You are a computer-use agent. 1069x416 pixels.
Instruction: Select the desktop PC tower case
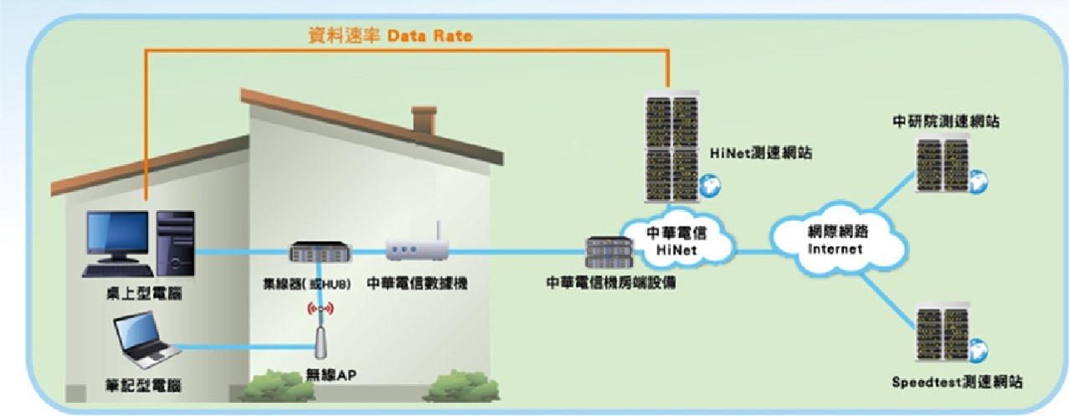pos(176,244)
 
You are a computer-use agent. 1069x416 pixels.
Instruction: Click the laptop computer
pos(146,340)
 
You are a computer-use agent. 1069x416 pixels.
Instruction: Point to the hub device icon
pos(321,251)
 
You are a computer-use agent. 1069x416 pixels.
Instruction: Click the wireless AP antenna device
pos(321,341)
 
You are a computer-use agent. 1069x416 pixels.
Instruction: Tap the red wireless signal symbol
pos(321,309)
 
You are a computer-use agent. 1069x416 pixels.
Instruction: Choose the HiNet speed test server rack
pos(672,147)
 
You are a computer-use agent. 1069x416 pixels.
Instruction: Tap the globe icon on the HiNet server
pos(710,186)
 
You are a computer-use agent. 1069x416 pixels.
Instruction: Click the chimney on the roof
pos(424,120)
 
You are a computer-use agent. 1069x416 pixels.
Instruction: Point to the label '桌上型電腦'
pos(144,293)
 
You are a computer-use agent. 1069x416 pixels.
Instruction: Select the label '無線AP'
pos(331,375)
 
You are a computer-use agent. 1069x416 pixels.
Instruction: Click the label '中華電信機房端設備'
pos(611,282)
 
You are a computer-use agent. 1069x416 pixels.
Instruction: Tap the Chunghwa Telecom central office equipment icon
pos(609,252)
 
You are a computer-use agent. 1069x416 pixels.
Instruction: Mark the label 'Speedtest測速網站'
pos(958,382)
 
